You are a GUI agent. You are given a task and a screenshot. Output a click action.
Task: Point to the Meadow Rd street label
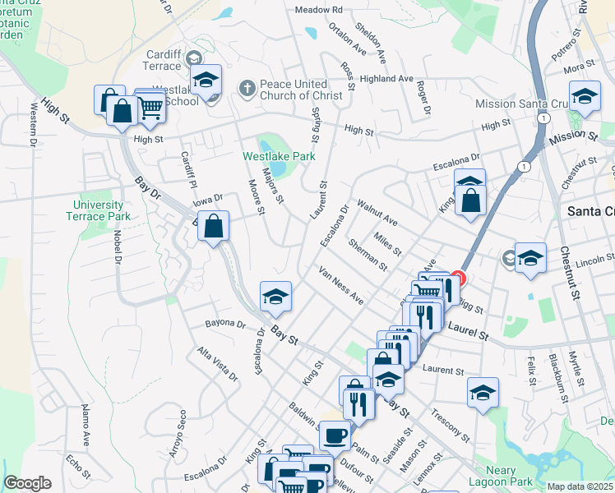coord(318,10)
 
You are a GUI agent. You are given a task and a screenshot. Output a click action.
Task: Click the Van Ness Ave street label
coord(340,285)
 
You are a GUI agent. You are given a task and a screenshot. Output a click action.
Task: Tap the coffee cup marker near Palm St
coord(334,434)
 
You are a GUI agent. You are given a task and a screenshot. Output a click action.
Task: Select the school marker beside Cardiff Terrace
coord(206,80)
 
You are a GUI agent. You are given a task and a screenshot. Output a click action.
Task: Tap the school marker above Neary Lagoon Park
coord(483,392)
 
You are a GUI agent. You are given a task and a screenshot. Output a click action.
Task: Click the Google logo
coord(27,483)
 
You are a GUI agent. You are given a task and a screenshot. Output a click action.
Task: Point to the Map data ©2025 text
coord(580,486)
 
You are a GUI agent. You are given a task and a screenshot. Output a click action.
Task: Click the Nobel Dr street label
coord(117,246)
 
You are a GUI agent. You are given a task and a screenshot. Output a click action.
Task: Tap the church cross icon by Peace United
coord(246,88)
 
